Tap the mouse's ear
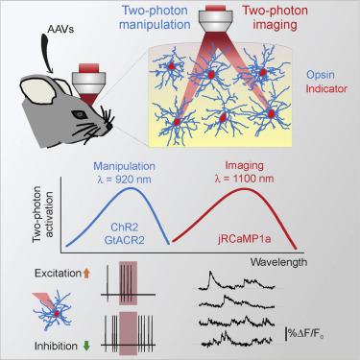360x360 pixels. [x=37, y=95]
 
